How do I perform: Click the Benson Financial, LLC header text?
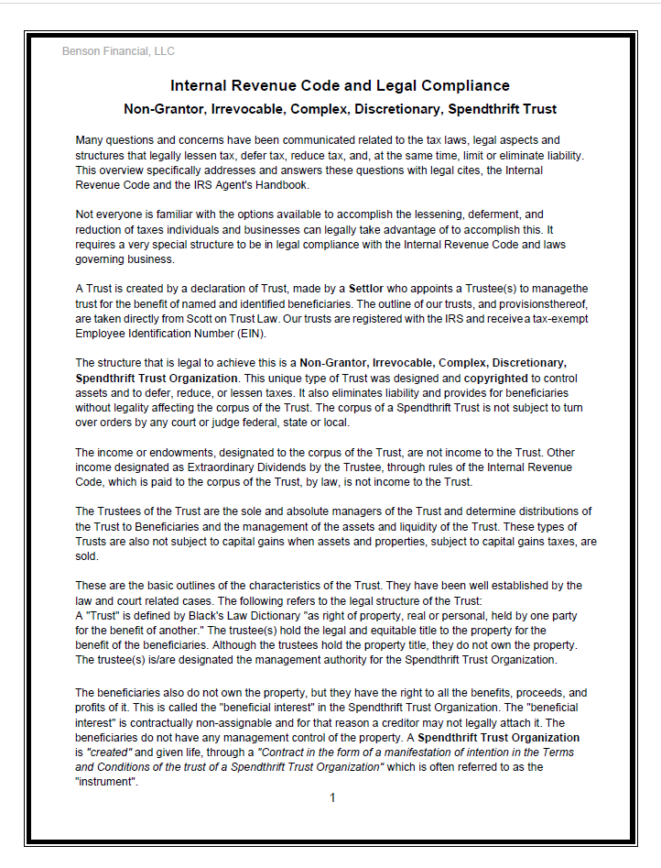(x=118, y=51)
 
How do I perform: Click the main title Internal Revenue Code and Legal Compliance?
(x=340, y=86)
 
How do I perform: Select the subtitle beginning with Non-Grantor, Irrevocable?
(x=340, y=109)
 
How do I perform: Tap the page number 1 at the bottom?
(x=332, y=797)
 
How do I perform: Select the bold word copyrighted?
(x=495, y=378)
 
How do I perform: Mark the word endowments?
(x=163, y=453)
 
